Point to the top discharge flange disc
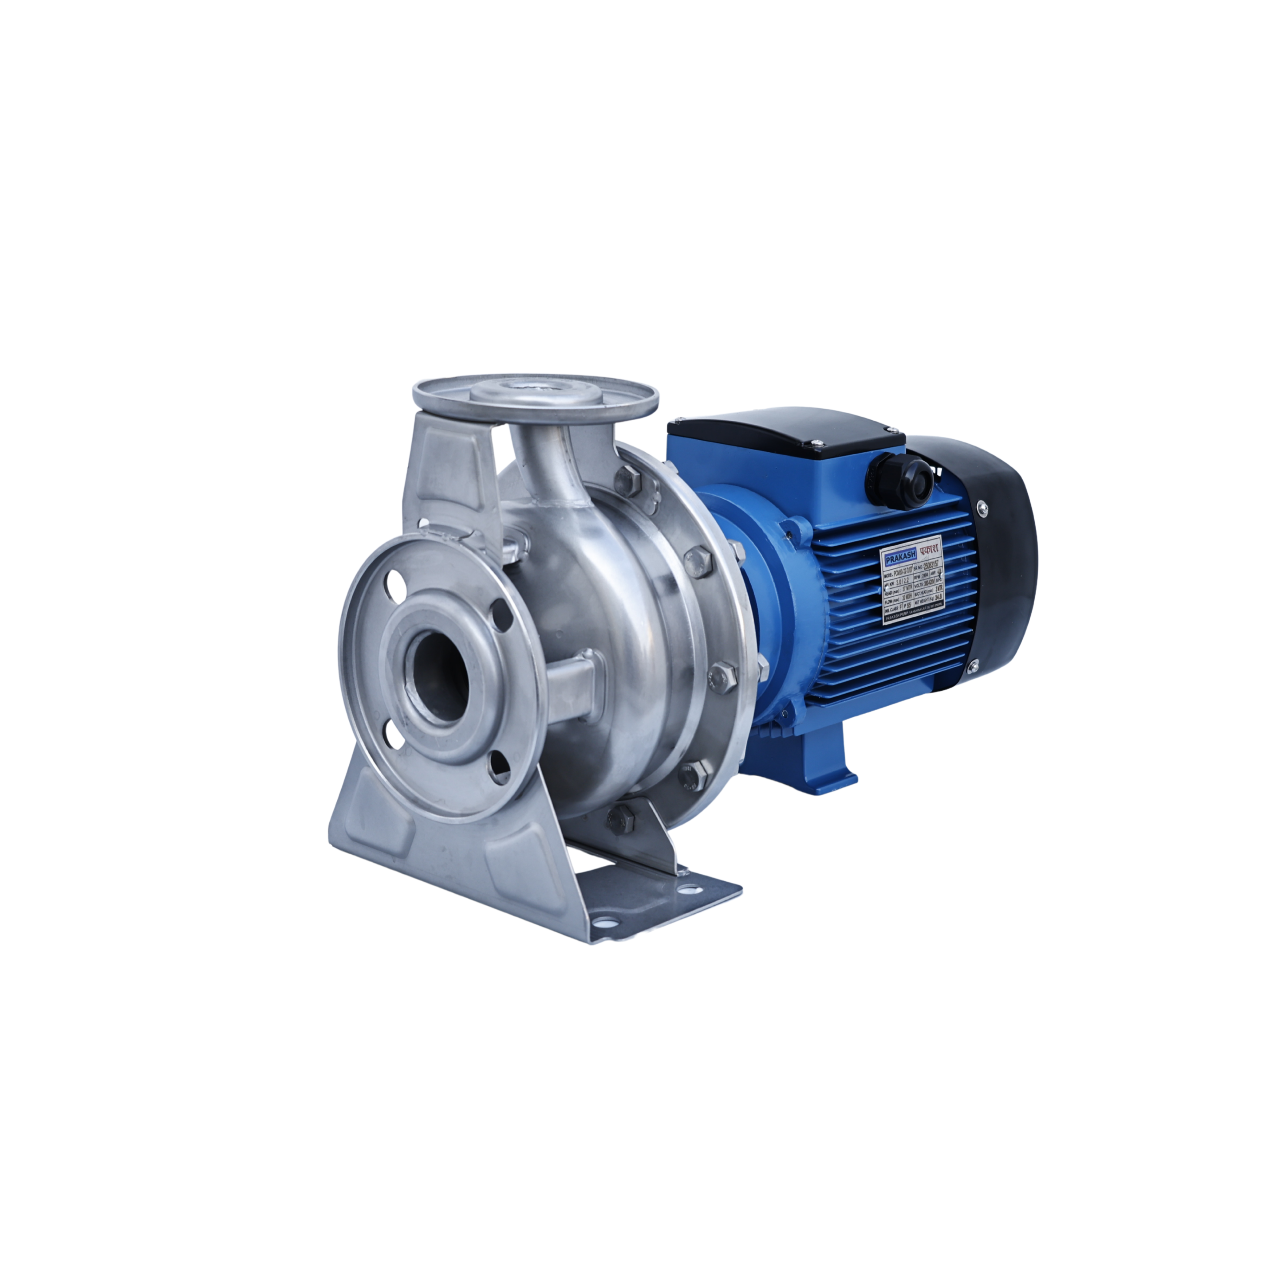click(535, 397)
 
